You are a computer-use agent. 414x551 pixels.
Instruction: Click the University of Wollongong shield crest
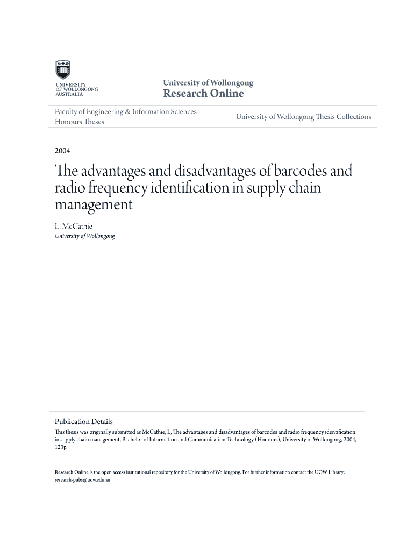(x=63, y=70)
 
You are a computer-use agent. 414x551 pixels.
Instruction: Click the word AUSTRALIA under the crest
(x=69, y=94)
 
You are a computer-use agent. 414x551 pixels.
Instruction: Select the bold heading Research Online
(x=203, y=94)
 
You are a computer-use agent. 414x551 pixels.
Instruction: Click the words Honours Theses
(x=80, y=122)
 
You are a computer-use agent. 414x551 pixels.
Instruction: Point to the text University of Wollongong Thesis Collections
(x=303, y=117)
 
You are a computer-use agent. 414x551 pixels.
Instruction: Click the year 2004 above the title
(x=62, y=150)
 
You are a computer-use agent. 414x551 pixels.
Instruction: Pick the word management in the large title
(x=93, y=205)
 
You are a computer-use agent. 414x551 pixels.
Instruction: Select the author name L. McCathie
(x=74, y=227)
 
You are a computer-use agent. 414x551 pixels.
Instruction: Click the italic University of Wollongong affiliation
(x=85, y=236)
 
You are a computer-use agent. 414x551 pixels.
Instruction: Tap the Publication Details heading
(x=84, y=422)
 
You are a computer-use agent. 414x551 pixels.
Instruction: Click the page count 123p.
(x=61, y=447)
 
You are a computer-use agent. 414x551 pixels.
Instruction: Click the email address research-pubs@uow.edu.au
(x=82, y=479)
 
